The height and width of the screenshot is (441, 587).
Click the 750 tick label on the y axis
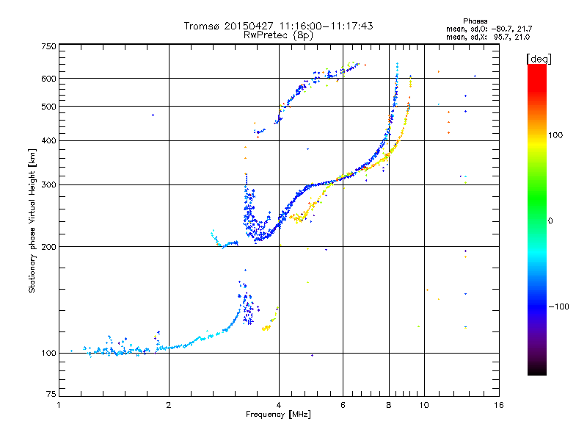(x=48, y=46)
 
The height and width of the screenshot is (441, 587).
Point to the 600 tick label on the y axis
(x=48, y=78)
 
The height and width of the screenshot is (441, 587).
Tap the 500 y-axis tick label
(x=48, y=106)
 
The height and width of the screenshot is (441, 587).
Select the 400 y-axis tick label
(x=48, y=140)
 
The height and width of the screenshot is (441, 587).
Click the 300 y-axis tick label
(x=48, y=184)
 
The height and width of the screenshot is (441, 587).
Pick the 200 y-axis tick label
(x=48, y=246)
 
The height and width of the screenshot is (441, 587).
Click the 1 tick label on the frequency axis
(x=59, y=405)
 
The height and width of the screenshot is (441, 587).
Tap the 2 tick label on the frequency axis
(x=169, y=405)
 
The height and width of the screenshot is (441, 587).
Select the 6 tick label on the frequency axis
(x=343, y=405)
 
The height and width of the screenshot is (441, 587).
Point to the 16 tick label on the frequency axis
(x=497, y=405)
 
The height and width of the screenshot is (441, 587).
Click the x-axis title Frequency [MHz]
(x=279, y=415)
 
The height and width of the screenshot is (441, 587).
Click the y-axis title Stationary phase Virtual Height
(x=32, y=220)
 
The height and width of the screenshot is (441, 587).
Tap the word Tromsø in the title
(x=203, y=26)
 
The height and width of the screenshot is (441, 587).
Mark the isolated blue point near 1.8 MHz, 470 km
(x=153, y=115)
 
